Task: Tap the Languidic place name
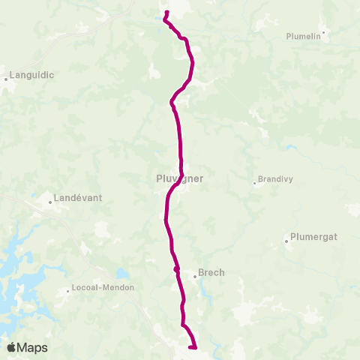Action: [30, 76]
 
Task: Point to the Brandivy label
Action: [274, 179]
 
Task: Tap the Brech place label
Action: [212, 273]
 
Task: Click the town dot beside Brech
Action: [195, 275]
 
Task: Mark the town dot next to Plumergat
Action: [287, 241]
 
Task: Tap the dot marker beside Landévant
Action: [51, 201]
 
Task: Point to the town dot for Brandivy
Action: [254, 182]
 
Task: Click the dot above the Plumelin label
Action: [323, 31]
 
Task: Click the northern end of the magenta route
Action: [166, 12]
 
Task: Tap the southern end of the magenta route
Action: [194, 347]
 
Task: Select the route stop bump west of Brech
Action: [176, 269]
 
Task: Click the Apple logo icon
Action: [11, 347]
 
